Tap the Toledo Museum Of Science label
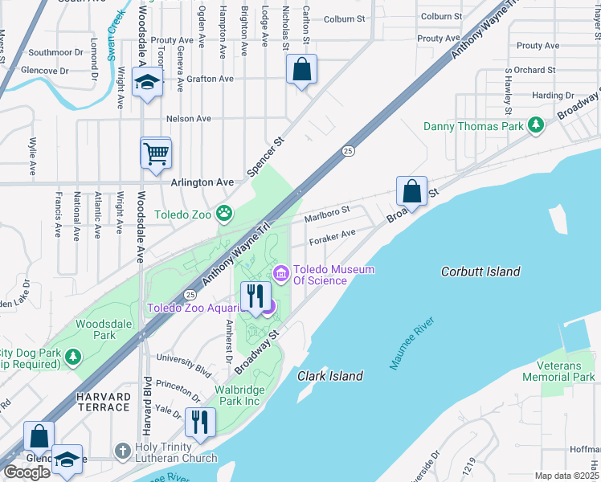coord(333,275)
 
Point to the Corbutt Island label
coord(480,272)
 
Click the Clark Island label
coord(329,376)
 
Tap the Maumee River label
coord(413,344)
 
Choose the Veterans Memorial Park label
coord(558,371)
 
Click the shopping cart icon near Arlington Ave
coord(155,152)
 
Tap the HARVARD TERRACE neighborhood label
coord(103,402)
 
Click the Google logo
coord(27,472)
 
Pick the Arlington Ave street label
coord(202,182)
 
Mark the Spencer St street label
coord(266,156)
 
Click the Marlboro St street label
coord(327,214)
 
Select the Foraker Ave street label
coord(331,235)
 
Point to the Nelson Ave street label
coord(188,118)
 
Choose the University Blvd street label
coord(184,364)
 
